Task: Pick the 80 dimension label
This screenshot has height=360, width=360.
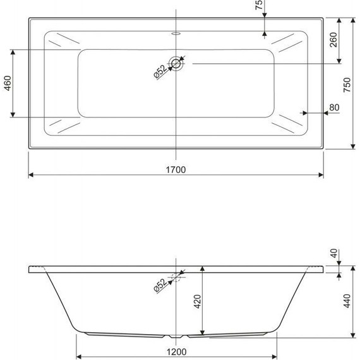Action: [x=334, y=107]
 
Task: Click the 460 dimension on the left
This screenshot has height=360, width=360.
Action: [x=8, y=83]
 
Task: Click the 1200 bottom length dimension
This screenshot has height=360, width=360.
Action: [x=176, y=352]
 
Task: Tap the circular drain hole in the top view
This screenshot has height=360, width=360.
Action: [x=176, y=63]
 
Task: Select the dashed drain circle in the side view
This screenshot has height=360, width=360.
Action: [x=176, y=275]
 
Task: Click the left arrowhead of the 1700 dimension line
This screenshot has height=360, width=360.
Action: [x=31, y=174]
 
